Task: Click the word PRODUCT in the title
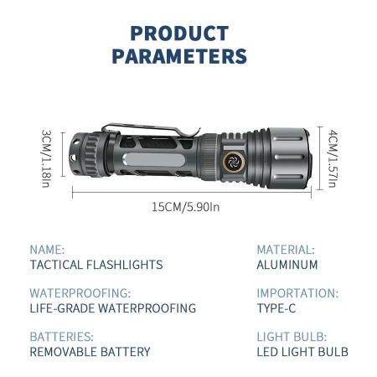179,34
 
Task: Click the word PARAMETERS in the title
179,57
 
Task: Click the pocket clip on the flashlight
151,133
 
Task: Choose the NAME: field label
47,250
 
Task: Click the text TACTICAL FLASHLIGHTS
96,265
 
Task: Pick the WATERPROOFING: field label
80,293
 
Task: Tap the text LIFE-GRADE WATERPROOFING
112,308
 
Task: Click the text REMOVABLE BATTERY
90,352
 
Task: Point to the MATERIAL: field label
286,250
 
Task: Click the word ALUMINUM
287,265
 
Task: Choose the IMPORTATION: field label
297,293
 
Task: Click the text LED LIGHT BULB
302,352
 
